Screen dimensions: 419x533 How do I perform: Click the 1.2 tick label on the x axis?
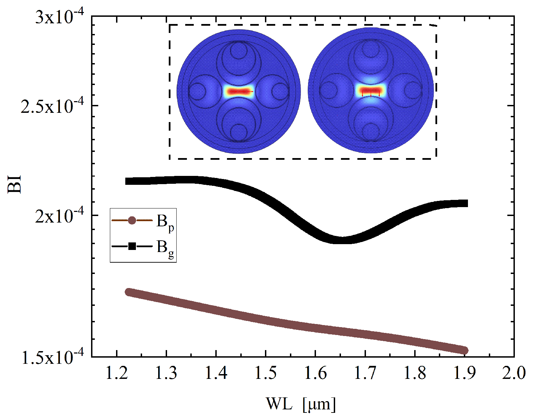117,373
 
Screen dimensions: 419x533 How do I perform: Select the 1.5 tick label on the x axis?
266,373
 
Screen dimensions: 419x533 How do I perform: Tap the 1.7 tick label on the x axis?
365,373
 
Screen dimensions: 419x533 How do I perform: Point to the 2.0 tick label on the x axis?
513,373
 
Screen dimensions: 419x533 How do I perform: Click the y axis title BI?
15,184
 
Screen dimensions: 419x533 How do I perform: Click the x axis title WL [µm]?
301,404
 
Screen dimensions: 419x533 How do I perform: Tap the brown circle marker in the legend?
132,220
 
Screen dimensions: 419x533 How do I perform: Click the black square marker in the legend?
132,246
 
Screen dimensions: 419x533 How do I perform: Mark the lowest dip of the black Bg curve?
342,240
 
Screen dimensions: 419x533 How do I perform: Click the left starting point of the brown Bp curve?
129,292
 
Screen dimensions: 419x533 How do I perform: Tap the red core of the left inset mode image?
239,92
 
